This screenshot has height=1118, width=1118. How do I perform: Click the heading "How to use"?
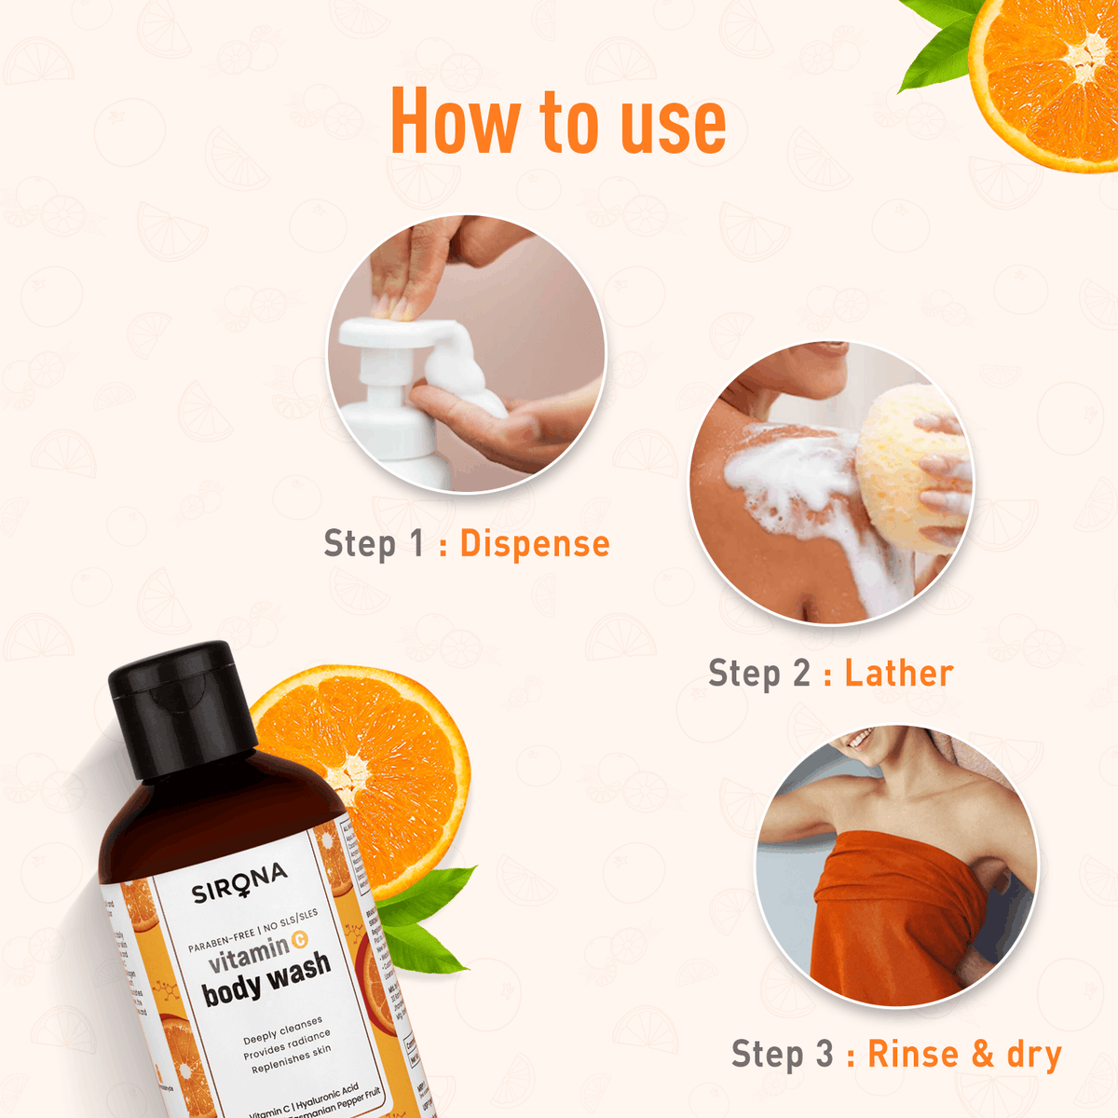558,122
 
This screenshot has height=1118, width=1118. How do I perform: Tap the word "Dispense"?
535,544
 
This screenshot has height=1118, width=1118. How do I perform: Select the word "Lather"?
899,674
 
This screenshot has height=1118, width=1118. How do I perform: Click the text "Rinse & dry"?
964,1055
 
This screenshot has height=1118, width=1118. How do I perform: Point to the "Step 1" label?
374,544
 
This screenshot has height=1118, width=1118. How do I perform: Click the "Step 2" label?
758,674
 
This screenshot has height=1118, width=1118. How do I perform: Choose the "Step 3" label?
782,1055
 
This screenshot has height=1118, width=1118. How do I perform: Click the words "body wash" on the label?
266,978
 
